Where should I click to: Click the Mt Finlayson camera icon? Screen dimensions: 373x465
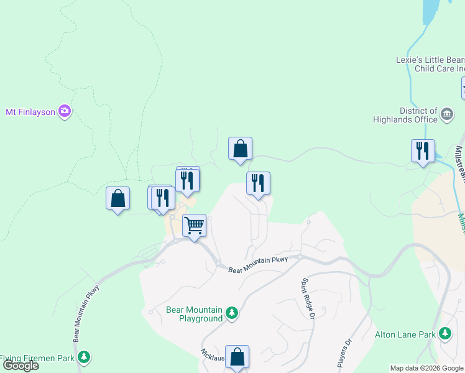click(65, 112)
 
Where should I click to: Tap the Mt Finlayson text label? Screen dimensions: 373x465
click(30, 112)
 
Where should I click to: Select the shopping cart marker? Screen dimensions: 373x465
click(195, 224)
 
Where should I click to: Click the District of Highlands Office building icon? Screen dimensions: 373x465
click(447, 114)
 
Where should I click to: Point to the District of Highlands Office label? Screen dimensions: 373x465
click(410, 115)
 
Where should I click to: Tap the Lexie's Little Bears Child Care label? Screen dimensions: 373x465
click(430, 64)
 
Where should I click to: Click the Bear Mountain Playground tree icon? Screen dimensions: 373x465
click(232, 312)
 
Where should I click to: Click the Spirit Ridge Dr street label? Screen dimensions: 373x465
click(306, 298)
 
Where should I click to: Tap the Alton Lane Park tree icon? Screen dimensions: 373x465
click(445, 334)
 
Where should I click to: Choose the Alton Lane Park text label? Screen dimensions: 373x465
click(405, 334)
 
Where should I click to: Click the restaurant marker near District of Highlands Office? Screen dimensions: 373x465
click(423, 150)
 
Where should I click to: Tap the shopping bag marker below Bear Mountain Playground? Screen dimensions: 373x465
click(237, 357)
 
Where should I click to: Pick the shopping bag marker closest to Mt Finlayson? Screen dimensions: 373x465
click(118, 198)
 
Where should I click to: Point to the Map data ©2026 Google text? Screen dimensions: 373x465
click(426, 368)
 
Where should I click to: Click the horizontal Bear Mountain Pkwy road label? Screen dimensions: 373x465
click(257, 264)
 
